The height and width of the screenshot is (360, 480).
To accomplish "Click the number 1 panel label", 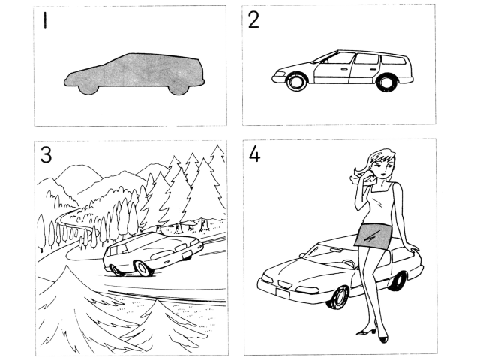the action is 45,20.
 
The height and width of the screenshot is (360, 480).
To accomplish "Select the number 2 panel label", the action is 253,20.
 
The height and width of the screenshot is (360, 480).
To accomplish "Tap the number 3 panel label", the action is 46,155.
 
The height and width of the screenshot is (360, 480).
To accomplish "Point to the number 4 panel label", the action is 255,154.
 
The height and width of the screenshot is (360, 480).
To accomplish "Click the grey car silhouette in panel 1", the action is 134,73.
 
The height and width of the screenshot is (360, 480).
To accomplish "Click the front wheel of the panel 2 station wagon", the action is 296,82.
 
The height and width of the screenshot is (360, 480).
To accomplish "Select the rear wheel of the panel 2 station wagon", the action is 387,82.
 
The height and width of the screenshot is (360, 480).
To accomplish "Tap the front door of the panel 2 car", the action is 332,69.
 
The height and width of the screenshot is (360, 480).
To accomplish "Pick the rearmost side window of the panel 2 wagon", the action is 394,60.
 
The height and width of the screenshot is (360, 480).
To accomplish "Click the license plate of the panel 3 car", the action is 187,253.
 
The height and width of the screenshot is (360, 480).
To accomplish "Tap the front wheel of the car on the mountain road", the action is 142,268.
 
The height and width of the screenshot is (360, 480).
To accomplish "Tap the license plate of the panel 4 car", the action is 283,293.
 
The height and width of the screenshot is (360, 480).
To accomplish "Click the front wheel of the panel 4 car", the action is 338,297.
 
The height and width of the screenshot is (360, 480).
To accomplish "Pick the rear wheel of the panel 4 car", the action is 400,281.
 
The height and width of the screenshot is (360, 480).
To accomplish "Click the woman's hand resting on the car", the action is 412,248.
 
